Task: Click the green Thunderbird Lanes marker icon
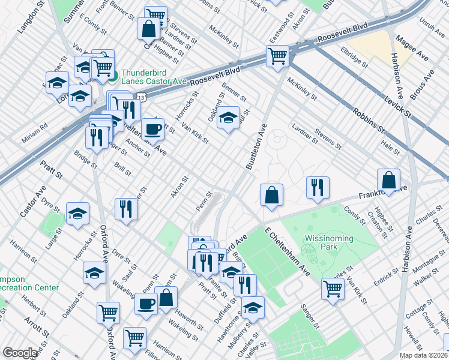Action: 113,76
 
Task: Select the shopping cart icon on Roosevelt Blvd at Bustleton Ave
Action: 277,56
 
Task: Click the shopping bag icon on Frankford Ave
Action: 389,179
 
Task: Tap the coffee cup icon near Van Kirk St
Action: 152,128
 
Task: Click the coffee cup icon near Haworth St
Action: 145,303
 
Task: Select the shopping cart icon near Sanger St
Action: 333,288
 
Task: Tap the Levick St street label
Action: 399,103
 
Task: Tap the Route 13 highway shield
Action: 140,95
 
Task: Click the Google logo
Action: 19,353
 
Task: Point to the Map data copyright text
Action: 423,355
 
